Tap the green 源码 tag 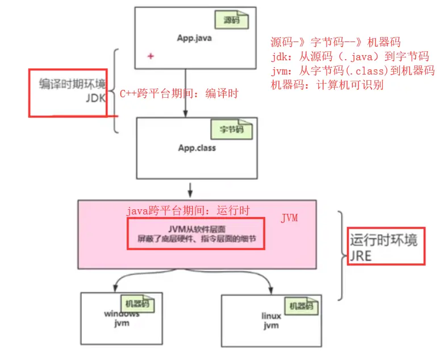[231, 20]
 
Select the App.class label [197, 148]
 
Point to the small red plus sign [151, 56]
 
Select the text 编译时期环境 [72, 84]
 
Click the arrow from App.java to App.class [186, 91]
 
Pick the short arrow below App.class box [190, 188]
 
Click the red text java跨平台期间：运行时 [187, 211]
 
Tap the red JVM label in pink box [290, 218]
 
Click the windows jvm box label [120, 319]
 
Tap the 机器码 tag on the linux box [301, 306]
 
